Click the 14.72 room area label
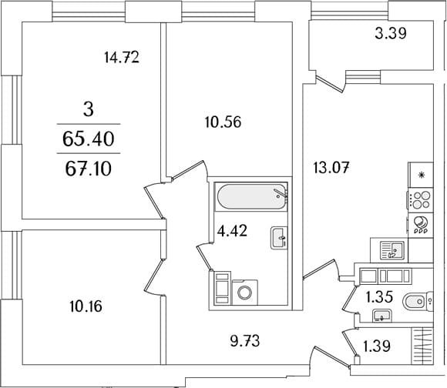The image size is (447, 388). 122,57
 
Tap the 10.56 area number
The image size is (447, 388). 223,122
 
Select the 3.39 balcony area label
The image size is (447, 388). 390,34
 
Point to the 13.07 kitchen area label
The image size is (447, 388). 331,168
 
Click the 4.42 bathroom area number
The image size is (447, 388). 232,231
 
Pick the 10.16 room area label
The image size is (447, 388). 86,306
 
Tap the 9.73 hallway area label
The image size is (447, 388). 245,341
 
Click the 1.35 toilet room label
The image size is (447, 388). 379,297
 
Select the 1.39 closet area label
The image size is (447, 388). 376,346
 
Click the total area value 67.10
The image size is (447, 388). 88,169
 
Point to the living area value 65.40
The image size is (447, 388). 89,139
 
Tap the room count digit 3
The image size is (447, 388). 89,109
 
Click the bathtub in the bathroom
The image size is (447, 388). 251,196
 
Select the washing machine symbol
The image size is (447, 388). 245,292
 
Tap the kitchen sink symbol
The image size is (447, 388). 392,250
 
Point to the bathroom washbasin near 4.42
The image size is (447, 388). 279,238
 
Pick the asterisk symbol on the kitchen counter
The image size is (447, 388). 421,175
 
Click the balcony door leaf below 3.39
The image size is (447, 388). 330,84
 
